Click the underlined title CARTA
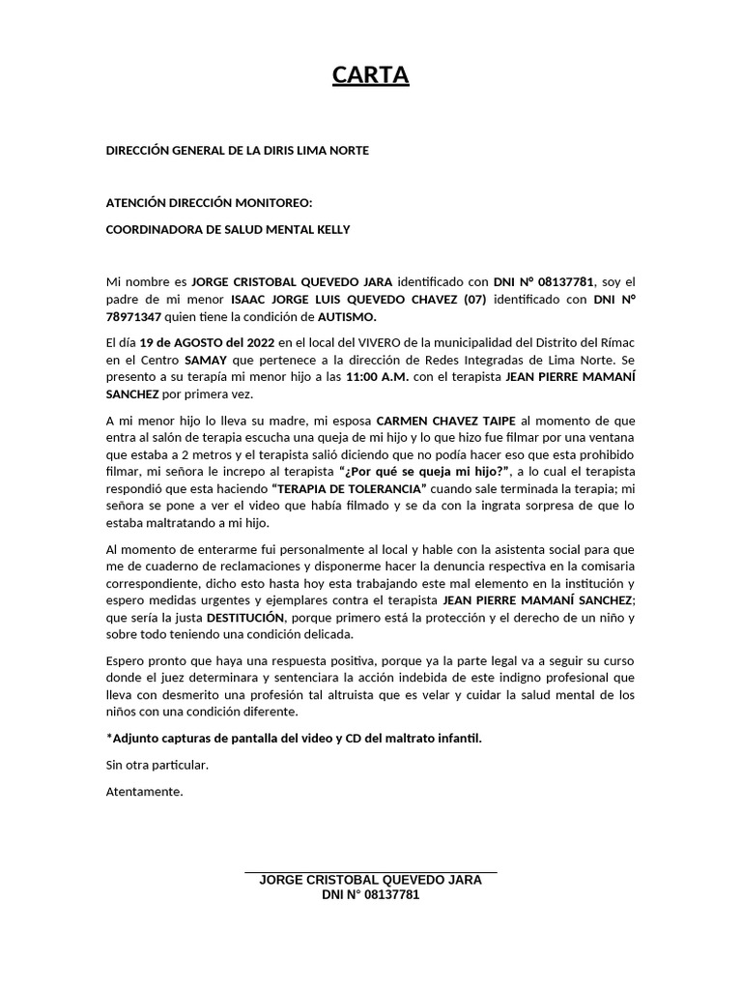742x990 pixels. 371,75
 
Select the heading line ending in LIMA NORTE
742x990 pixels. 237,151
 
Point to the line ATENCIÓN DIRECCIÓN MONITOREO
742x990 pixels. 210,203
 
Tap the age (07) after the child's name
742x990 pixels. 466,299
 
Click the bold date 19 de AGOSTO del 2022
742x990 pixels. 208,343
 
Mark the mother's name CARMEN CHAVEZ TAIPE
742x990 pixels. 447,421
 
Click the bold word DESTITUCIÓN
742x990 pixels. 246,617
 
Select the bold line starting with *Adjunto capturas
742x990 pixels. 293,738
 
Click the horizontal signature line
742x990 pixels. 371,872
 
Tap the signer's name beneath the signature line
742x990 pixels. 371,881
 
